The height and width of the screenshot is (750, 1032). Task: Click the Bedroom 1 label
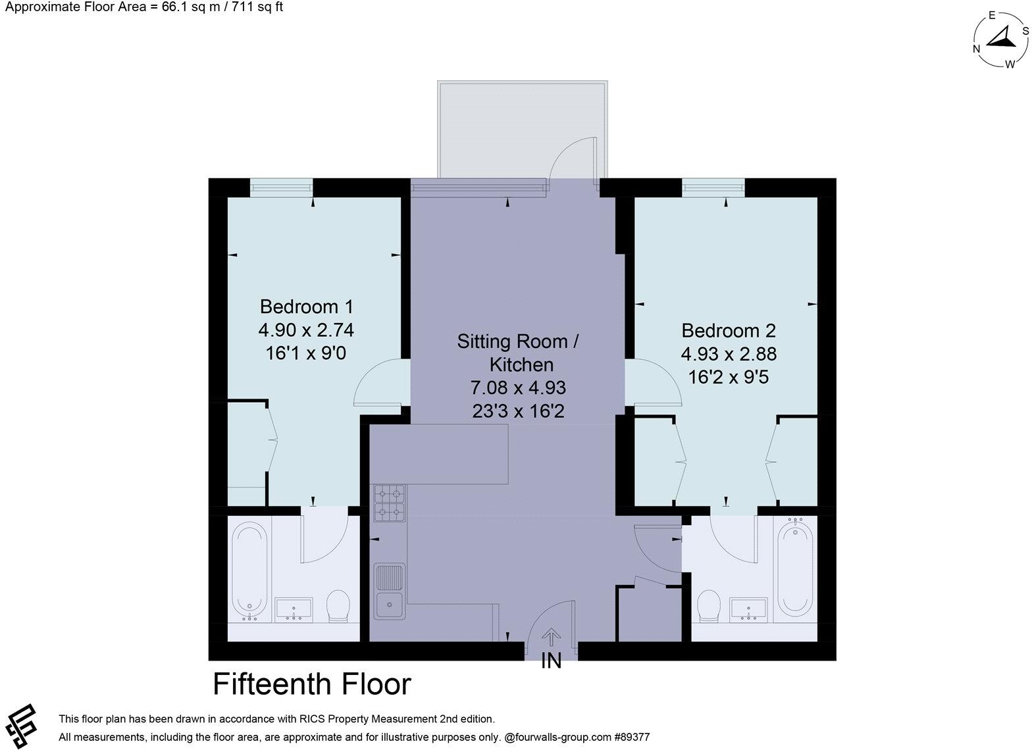[x=307, y=307]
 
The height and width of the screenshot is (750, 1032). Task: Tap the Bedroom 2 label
[x=729, y=330]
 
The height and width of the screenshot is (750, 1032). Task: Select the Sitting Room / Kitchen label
[x=518, y=353]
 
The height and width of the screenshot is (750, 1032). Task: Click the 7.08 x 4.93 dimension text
[x=518, y=387]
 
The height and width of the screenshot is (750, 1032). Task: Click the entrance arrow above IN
[x=551, y=637]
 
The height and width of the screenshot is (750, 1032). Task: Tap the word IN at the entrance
[x=551, y=661]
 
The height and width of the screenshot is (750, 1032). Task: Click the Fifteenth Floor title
[x=312, y=684]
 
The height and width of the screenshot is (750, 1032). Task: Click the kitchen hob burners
[x=389, y=503]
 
